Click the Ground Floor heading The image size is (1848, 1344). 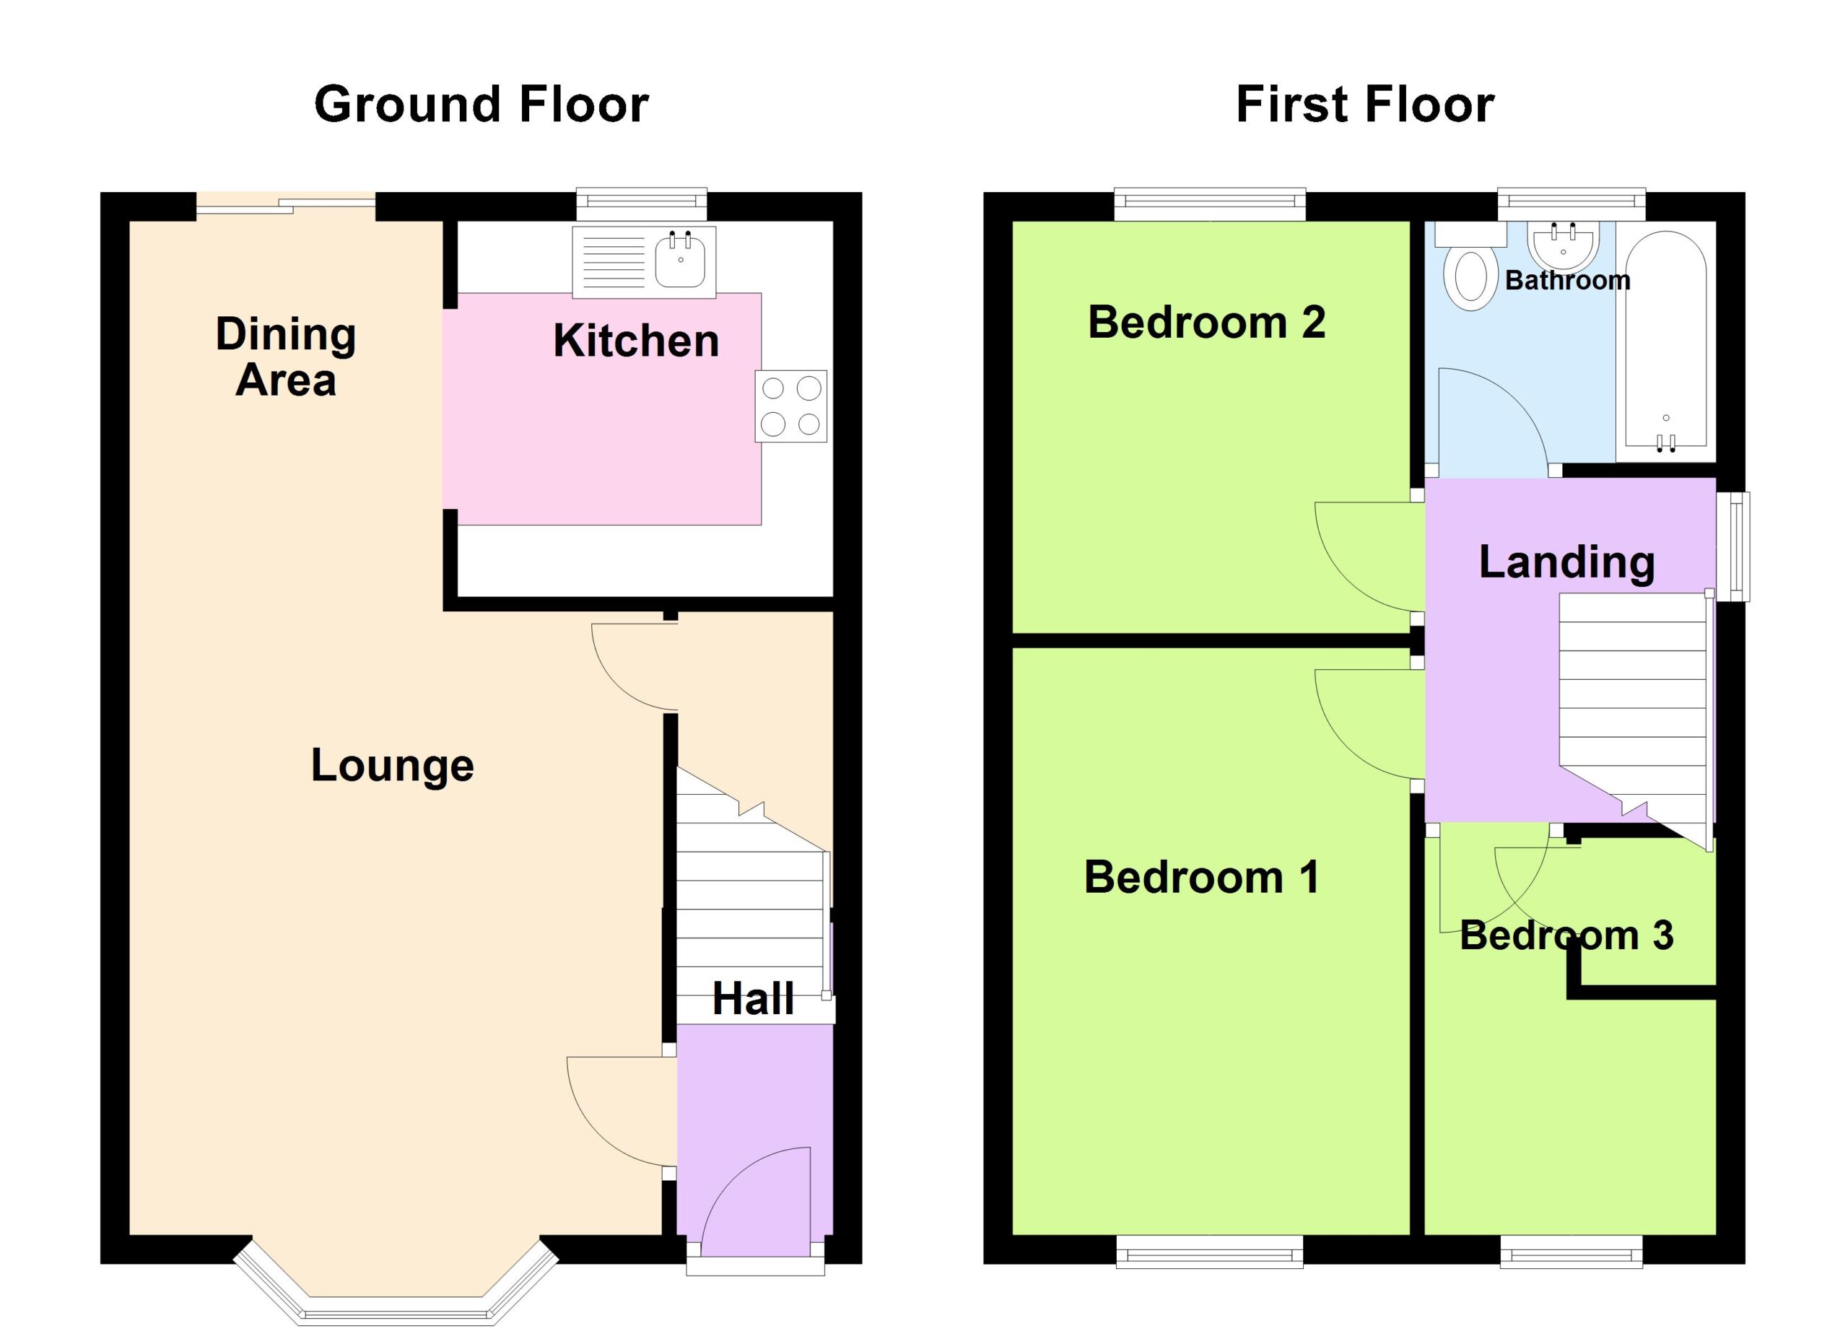[481, 105]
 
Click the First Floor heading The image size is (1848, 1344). [1365, 105]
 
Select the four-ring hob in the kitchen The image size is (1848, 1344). [790, 406]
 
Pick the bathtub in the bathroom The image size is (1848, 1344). [1666, 341]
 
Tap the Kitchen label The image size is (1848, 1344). [637, 341]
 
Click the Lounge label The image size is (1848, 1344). [392, 767]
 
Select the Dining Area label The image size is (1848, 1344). [286, 357]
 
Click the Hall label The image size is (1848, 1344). [753, 999]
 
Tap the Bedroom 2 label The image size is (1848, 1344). [1207, 322]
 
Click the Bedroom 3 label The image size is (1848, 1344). [1566, 935]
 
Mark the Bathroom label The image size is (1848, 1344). [1568, 280]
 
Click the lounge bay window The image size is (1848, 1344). [396, 1282]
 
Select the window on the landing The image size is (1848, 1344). [1733, 546]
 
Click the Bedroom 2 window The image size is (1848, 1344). [1210, 204]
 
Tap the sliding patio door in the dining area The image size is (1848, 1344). [286, 205]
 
